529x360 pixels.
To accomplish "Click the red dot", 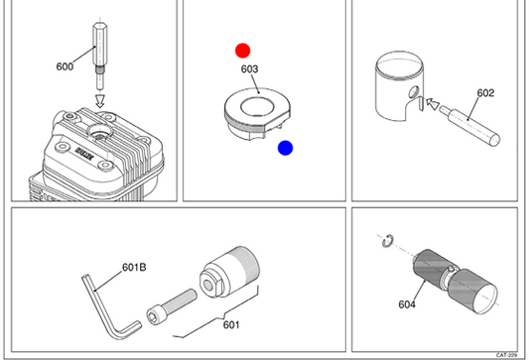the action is point(242,51).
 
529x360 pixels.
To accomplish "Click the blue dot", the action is point(285,148).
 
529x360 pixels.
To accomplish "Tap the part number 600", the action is point(65,66).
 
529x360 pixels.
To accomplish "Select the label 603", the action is point(249,69).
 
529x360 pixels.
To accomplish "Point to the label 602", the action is point(485,93).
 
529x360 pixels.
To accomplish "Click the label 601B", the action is point(134,268).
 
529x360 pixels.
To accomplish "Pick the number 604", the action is point(407,304).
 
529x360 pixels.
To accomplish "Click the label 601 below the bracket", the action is point(231,324).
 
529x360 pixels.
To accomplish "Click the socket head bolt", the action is point(172,306).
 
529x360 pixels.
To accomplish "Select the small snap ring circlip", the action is point(387,240).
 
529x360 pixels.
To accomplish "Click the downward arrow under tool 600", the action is point(100,101).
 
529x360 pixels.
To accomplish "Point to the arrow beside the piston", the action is point(433,103).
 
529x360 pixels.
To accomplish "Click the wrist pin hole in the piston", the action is point(414,91).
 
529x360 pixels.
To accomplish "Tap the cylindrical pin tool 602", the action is point(469,125).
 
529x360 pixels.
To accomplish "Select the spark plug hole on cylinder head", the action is point(100,132).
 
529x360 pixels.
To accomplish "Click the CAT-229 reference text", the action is point(506,355).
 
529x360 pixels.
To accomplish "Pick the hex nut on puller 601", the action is point(210,285).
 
